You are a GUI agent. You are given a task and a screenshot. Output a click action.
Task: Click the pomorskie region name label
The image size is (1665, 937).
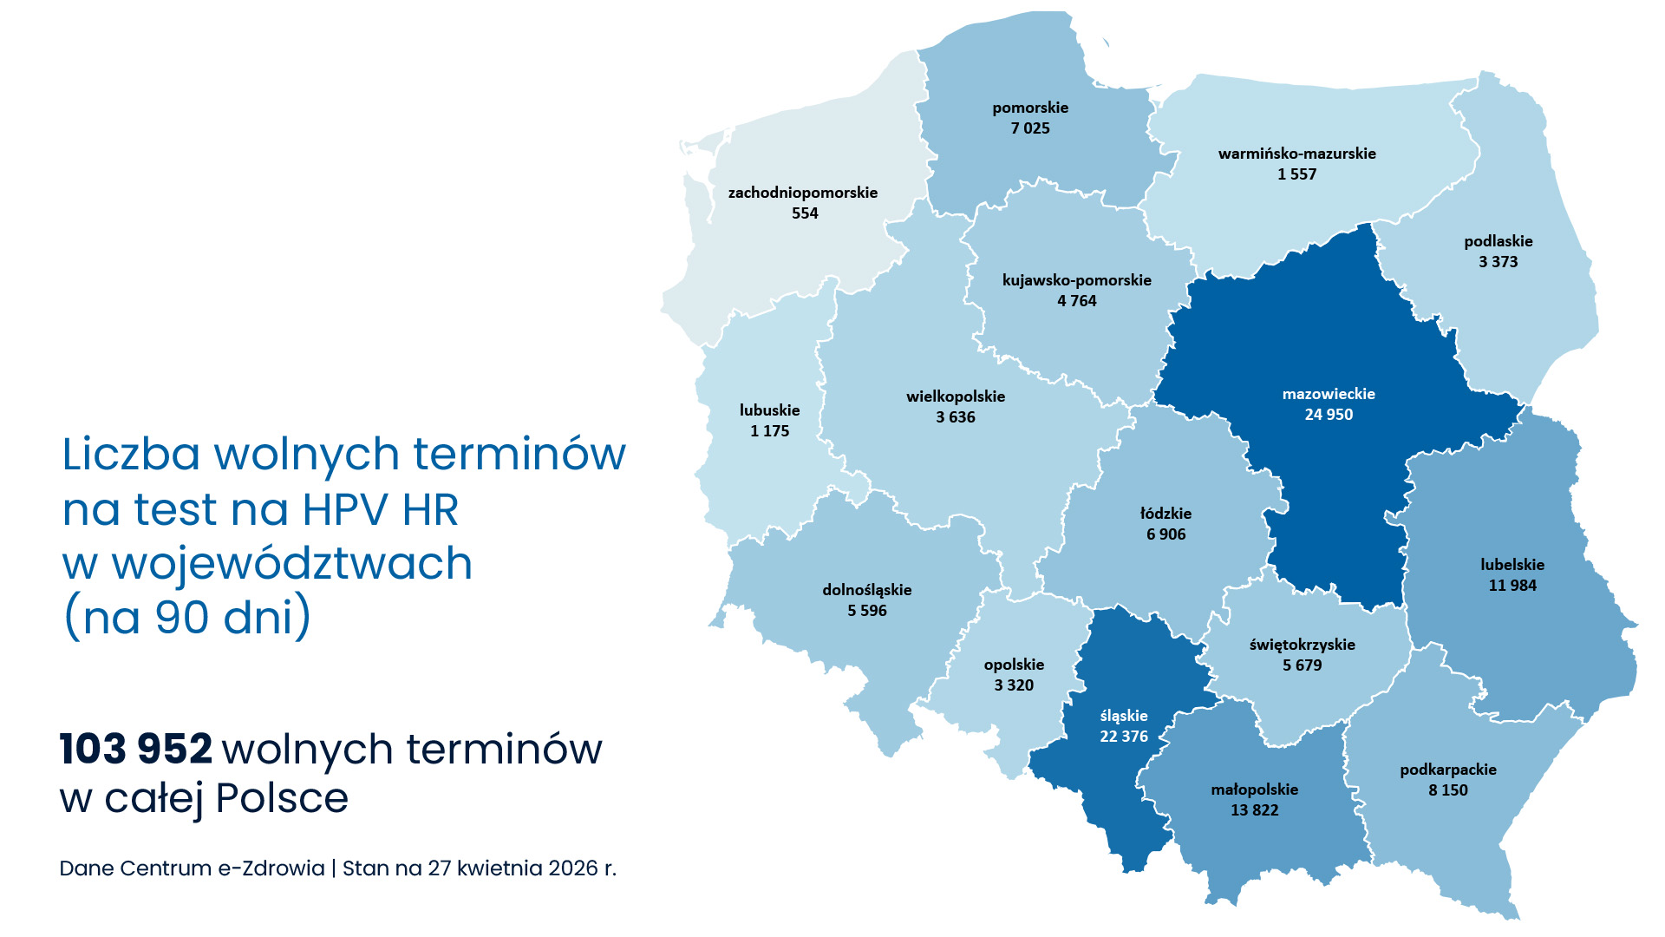(x=1030, y=108)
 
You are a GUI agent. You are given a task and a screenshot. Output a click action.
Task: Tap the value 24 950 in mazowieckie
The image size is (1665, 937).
(x=1329, y=415)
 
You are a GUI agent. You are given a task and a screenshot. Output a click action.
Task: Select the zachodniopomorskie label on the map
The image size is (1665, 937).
(x=802, y=193)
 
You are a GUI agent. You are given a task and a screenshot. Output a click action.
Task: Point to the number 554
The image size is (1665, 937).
(x=805, y=213)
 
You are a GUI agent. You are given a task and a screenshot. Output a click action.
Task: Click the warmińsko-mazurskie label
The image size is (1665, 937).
(x=1296, y=154)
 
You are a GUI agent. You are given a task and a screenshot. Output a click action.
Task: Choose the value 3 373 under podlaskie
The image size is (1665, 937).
(x=1498, y=262)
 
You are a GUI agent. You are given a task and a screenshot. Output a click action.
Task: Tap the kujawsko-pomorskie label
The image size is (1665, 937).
(x=1076, y=280)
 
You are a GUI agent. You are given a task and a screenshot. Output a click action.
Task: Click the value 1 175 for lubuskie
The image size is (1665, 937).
(x=769, y=431)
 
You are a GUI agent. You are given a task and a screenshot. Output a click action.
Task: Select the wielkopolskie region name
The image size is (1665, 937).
(x=956, y=396)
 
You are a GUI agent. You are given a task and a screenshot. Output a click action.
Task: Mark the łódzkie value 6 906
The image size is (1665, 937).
(x=1165, y=534)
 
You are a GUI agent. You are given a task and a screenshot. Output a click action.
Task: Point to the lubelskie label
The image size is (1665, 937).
(x=1512, y=565)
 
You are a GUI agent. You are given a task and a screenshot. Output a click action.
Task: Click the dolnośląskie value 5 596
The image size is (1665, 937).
(x=866, y=611)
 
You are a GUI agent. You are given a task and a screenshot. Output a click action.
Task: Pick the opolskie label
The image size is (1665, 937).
(x=1014, y=665)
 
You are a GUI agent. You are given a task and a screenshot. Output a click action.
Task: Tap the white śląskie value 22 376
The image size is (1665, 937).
(x=1124, y=737)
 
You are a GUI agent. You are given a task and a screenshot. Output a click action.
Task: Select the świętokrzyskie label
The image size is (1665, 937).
(x=1302, y=645)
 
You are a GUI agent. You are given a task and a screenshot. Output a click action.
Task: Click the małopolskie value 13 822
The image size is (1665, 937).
(x=1254, y=810)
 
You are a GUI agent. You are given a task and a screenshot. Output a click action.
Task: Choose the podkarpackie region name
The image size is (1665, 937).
(x=1447, y=770)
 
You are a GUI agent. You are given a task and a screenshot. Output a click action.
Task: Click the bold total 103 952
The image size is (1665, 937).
(x=136, y=749)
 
